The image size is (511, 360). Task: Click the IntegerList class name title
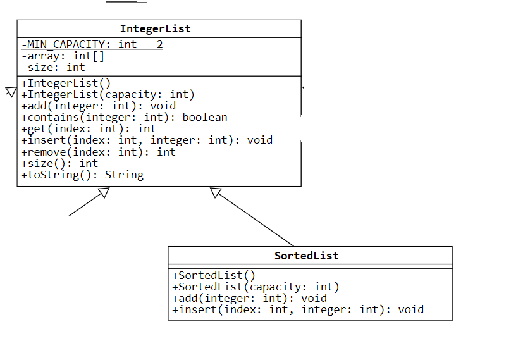pyautogui.click(x=155, y=28)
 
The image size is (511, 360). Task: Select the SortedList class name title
pyautogui.click(x=306, y=256)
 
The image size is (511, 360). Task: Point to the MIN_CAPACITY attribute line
pyautogui.click(x=92, y=44)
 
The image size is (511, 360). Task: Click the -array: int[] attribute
pyautogui.click(x=63, y=56)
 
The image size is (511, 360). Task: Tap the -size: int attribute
pyautogui.click(x=53, y=67)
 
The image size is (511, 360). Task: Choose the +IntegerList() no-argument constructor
pyautogui.click(x=66, y=83)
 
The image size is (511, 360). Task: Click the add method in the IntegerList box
pyautogui.click(x=98, y=106)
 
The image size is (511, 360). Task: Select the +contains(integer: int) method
pyautogui.click(x=124, y=117)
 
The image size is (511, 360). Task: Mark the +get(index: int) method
pyautogui.click(x=89, y=128)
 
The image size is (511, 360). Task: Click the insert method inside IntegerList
pyautogui.click(x=147, y=140)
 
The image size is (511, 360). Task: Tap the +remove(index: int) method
pyautogui.click(x=98, y=152)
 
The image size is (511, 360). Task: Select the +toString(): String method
pyautogui.click(x=82, y=175)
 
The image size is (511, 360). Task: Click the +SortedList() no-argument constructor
pyautogui.click(x=214, y=275)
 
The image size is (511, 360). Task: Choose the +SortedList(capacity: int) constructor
pyautogui.click(x=255, y=287)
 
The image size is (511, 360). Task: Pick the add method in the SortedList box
pyautogui.click(x=249, y=298)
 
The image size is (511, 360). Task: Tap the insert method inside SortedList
pyautogui.click(x=297, y=309)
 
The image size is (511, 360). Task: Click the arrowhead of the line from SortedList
pyautogui.click(x=216, y=192)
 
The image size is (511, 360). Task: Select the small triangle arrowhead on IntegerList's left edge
pyautogui.click(x=10, y=92)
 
